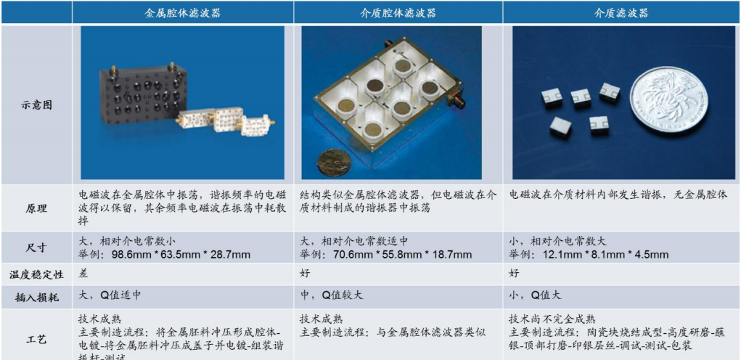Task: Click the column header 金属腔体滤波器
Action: pyautogui.click(x=182, y=13)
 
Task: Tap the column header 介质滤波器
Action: pyautogui.click(x=621, y=13)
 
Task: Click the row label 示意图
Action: pyautogui.click(x=36, y=105)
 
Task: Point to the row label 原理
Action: pyautogui.click(x=36, y=208)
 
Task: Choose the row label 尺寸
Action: pyautogui.click(x=36, y=247)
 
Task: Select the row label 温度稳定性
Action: pyautogui.click(x=36, y=275)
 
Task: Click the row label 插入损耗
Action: pyautogui.click(x=36, y=296)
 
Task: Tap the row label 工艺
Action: pyautogui.click(x=36, y=336)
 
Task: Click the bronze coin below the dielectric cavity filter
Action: pyautogui.click(x=335, y=160)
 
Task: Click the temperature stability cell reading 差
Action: pyautogui.click(x=83, y=274)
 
